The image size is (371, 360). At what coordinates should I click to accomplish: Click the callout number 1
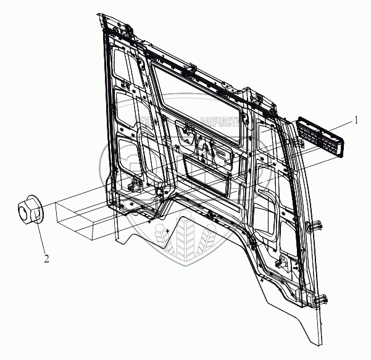click(356, 120)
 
